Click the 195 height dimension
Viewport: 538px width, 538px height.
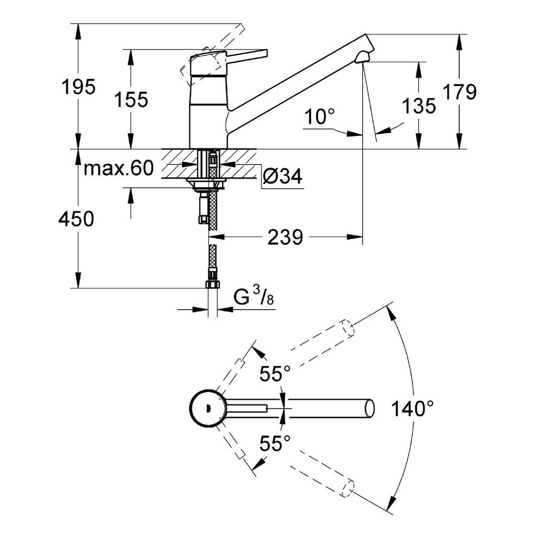pyautogui.click(x=79, y=87)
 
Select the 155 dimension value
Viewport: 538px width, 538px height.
pyautogui.click(x=131, y=100)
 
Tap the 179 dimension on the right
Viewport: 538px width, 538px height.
pyautogui.click(x=460, y=92)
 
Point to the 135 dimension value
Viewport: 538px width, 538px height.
pyautogui.click(x=419, y=105)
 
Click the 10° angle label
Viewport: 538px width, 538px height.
pyautogui.click(x=319, y=117)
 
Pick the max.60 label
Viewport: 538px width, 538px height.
pyautogui.click(x=119, y=168)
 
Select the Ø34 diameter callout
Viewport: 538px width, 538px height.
pyautogui.click(x=282, y=176)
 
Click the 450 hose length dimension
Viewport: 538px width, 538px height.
pyautogui.click(x=76, y=219)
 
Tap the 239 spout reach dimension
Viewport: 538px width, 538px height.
pyautogui.click(x=285, y=237)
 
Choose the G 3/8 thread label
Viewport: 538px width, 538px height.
pyautogui.click(x=253, y=296)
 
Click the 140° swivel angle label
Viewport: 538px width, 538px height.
pyautogui.click(x=413, y=409)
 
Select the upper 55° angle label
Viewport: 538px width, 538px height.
pyautogui.click(x=275, y=374)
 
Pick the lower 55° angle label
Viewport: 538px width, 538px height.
pyautogui.click(x=275, y=443)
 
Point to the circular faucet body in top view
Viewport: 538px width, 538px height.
pyautogui.click(x=208, y=408)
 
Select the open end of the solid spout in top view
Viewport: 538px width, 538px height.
pyautogui.click(x=370, y=408)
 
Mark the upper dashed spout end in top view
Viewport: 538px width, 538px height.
pyautogui.click(x=347, y=328)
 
